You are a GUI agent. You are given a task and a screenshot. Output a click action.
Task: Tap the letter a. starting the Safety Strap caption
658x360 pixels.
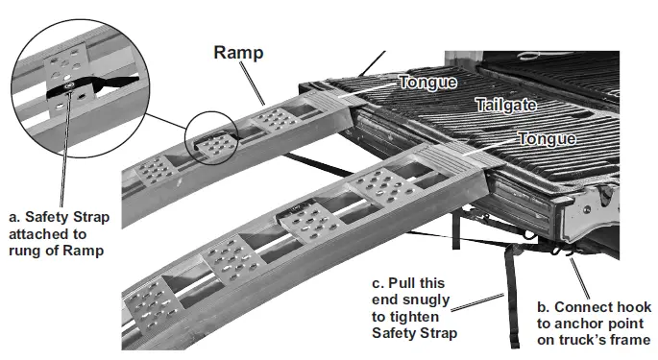coord(12,217)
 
